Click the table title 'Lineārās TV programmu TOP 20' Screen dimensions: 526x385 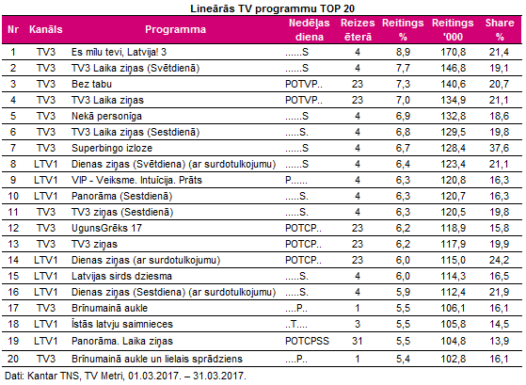coord(272,8)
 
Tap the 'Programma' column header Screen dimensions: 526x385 coord(175,29)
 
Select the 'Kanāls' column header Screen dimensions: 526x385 coord(45,29)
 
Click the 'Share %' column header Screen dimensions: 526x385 coord(500,29)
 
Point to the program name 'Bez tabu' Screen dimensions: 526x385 coord(91,84)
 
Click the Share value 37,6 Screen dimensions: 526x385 coord(499,148)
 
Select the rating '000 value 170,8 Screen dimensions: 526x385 coord(453,52)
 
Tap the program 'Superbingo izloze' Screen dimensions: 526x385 coord(112,148)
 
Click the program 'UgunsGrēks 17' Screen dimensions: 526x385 coord(106,228)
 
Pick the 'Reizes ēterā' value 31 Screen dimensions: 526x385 coord(358,341)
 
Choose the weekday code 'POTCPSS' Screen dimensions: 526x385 coord(307,341)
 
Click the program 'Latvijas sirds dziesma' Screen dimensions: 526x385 coord(121,276)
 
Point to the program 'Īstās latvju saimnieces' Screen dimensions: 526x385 coord(122,324)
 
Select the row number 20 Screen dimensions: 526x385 coord(13,359)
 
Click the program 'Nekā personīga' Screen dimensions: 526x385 coord(106,116)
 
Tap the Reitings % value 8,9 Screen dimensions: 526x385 coord(403,52)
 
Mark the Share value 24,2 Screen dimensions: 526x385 coord(499,260)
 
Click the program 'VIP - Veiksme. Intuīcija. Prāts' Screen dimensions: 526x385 coord(136,180)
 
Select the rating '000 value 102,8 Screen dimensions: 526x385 coord(453,359)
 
